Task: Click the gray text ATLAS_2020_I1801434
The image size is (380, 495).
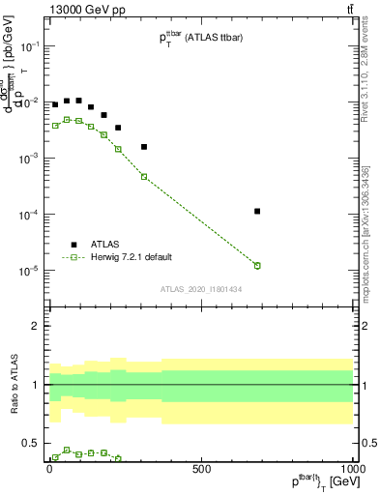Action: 200,289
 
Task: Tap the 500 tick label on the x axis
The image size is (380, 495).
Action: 201,468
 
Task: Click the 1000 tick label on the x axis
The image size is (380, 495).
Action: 350,468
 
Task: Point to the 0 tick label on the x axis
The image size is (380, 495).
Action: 49,468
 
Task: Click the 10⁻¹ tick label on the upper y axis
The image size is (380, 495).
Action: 30,46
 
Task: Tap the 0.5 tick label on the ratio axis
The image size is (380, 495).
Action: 31,443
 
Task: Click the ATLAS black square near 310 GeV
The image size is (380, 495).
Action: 144,147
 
